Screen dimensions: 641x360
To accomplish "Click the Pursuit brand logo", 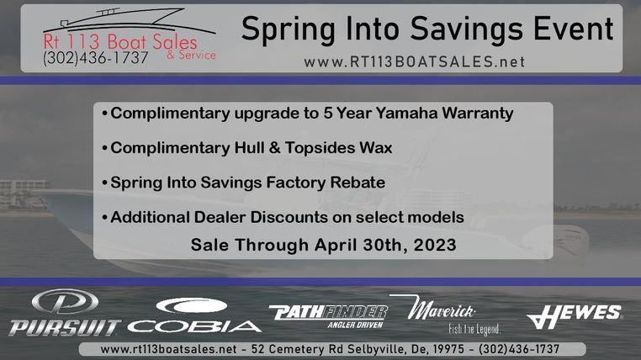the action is (65, 313).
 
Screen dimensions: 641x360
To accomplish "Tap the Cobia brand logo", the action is (193, 315).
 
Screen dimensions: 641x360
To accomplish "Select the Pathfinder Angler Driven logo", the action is (328, 316).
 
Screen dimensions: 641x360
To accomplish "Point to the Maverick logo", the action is (446, 315).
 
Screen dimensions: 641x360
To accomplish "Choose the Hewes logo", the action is (574, 316).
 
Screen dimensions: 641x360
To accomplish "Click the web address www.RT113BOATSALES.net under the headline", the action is (414, 62).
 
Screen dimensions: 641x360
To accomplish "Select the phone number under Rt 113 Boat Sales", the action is (96, 57).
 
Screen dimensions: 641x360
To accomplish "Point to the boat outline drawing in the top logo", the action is (129, 20).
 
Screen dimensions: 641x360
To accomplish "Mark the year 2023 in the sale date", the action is (435, 245).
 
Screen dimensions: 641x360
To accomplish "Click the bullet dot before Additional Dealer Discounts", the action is (104, 217).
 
